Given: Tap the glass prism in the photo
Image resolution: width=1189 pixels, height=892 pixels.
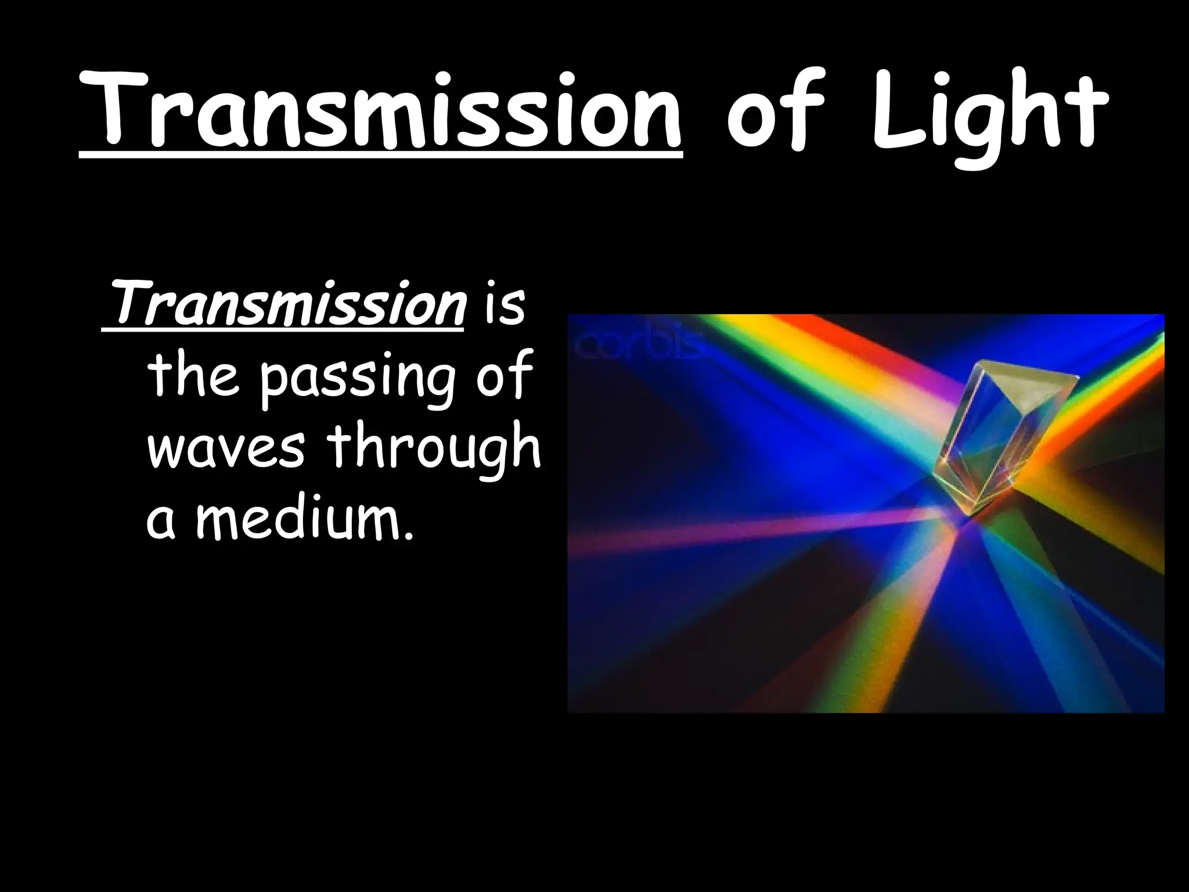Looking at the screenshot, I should pos(1004,436).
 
